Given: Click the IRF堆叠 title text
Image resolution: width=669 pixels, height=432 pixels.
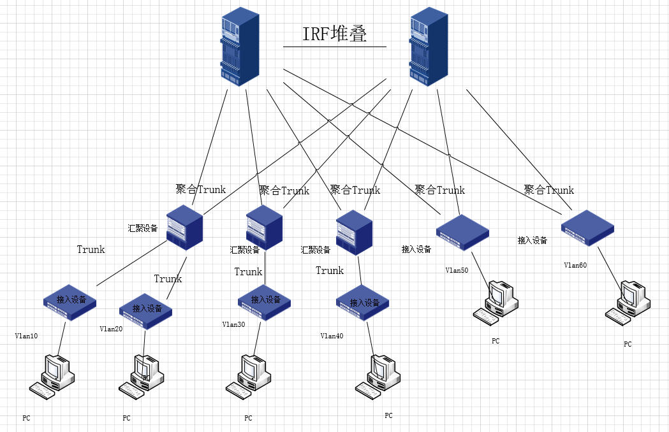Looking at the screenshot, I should tap(335, 34).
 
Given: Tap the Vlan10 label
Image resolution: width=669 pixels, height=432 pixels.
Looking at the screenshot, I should tap(27, 336).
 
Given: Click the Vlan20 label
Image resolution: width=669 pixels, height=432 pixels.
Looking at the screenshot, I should tap(111, 329).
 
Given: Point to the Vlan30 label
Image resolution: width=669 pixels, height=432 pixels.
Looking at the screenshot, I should tap(233, 324).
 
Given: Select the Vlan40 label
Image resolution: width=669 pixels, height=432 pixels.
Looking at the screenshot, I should tap(332, 336).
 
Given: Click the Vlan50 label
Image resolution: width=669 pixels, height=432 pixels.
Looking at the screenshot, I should tap(457, 270).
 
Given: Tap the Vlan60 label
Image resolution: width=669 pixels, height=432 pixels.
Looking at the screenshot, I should tap(575, 265).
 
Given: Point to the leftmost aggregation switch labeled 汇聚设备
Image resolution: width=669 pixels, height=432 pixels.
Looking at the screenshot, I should tap(184, 227).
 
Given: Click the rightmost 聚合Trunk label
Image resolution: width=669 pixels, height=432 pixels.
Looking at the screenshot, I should tap(548, 190).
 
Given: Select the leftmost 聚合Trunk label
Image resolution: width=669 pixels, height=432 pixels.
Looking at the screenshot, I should tap(201, 189).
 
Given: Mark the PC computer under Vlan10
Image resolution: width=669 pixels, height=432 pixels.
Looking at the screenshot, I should tap(53, 377).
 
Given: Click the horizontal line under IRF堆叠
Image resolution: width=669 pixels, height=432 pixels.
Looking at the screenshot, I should tap(335, 47).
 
